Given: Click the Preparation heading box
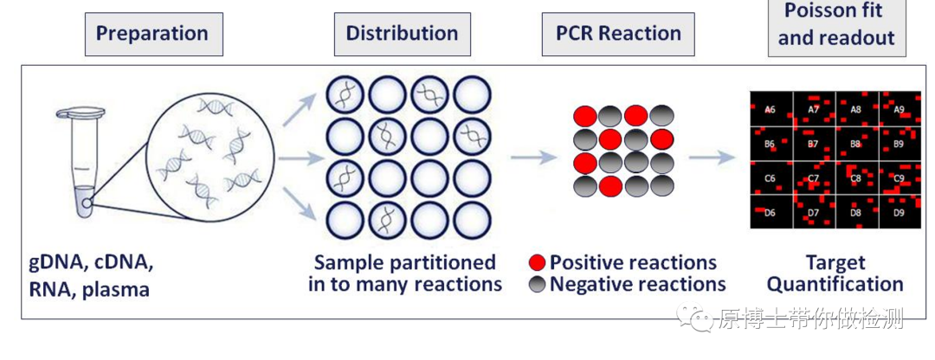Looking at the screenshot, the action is [x=154, y=34].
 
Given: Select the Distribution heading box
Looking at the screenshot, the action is [x=403, y=34].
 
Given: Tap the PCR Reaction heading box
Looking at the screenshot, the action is [x=618, y=34].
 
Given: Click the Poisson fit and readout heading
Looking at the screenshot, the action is [x=836, y=25].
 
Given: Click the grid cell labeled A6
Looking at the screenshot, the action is [x=771, y=109].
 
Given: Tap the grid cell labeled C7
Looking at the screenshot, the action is [x=814, y=177].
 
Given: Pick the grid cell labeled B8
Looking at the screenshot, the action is [x=857, y=144].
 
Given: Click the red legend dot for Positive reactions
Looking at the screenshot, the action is [x=538, y=263].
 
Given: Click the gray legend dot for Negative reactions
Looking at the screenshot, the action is [x=538, y=285].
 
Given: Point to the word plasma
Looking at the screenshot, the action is [x=116, y=290].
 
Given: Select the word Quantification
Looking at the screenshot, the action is [x=835, y=285].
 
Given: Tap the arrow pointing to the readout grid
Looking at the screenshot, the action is [x=712, y=157].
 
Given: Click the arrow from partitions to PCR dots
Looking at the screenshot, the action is [x=533, y=157].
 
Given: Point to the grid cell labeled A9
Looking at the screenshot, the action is [x=900, y=109].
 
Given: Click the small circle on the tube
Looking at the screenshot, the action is [x=87, y=203].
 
